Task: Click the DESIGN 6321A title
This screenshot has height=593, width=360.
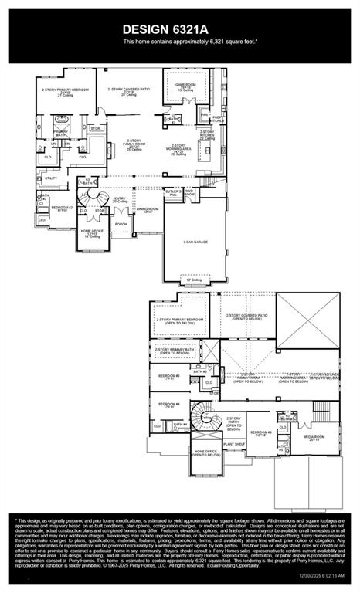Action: pos(179,29)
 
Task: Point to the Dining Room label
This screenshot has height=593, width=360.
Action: pos(148,209)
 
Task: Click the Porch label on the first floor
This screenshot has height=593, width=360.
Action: pos(121,225)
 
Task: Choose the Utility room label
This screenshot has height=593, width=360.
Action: pos(52,178)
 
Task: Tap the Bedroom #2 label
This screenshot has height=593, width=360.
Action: pos(62,208)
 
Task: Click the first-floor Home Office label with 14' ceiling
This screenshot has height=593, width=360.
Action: pos(93,232)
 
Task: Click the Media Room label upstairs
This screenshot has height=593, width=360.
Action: pos(313,438)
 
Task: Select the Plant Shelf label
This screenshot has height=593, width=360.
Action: pos(235,445)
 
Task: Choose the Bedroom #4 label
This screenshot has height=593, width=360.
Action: pos(169,405)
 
